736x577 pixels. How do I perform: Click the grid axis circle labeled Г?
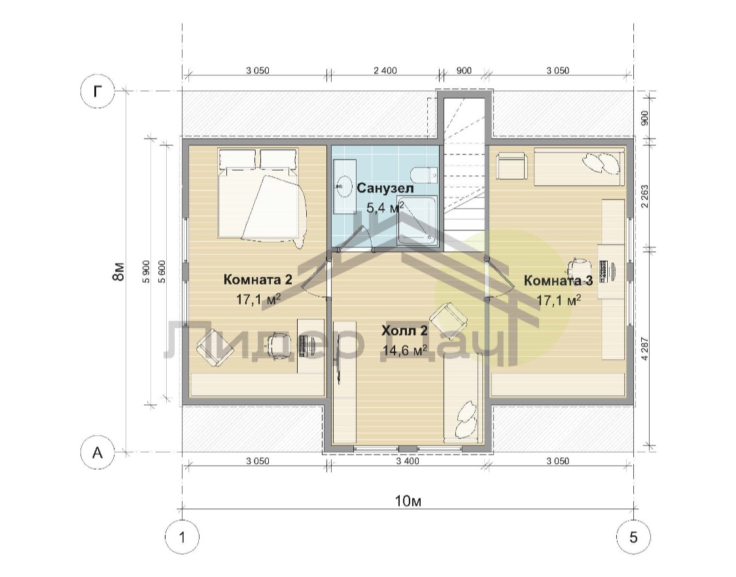coord(97,91)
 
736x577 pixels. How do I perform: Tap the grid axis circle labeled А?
coord(97,453)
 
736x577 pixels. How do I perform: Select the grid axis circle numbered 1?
coord(182,536)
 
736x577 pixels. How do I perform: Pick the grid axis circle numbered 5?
coord(633,536)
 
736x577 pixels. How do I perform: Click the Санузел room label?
coord(385,188)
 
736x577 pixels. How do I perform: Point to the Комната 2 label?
coord(258,280)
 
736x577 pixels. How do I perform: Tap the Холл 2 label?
coord(404,330)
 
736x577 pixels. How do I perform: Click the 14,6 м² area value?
coord(404,350)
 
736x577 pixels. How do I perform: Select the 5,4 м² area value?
coord(385,207)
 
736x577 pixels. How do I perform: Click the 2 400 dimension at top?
coord(385,71)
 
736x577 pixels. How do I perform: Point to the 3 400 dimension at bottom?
coord(408,461)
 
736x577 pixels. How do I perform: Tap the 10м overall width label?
coord(408,501)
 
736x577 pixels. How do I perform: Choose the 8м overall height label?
coord(119,271)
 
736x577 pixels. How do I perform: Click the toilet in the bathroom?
coord(425,175)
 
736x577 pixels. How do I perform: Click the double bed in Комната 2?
coord(262,197)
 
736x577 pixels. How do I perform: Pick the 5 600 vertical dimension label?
coord(162,271)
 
